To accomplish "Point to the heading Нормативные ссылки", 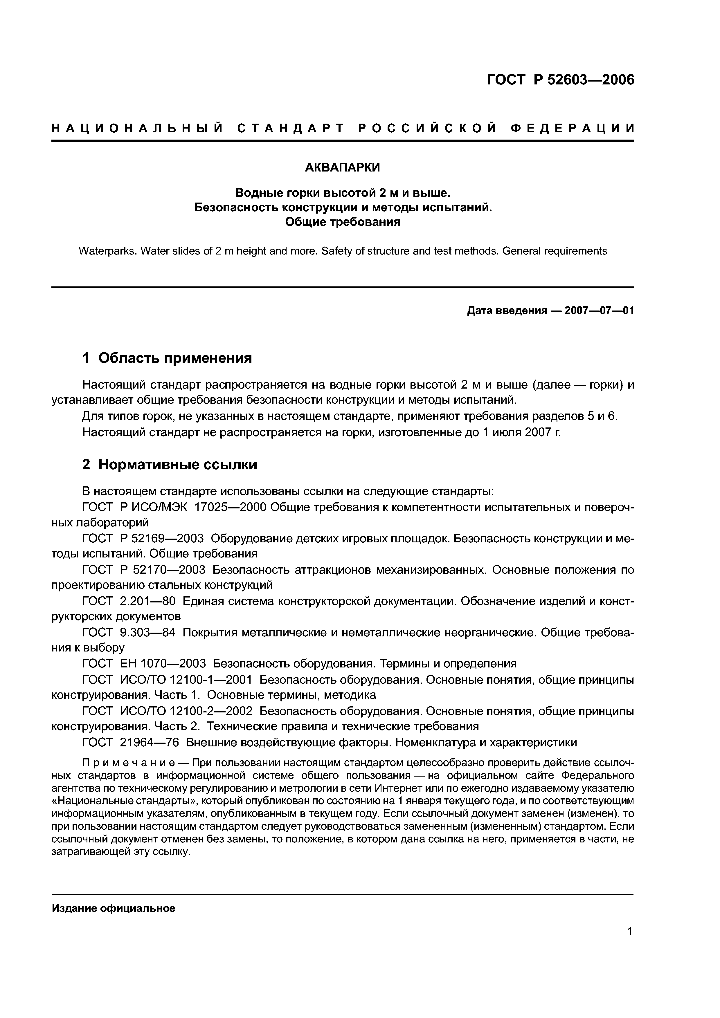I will coord(177,465).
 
